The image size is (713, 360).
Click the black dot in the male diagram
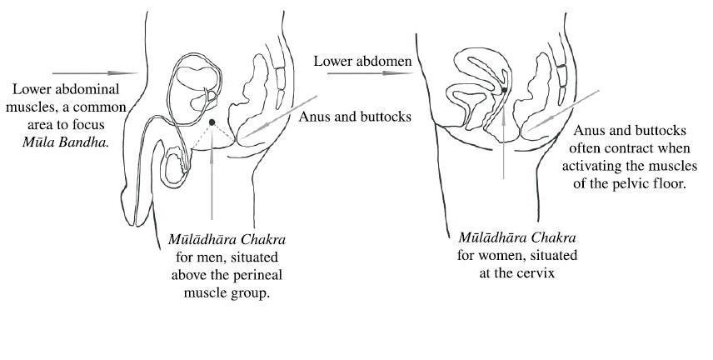[x=212, y=122]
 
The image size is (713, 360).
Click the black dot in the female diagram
[x=504, y=90]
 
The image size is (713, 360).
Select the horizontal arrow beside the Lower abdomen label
[x=353, y=73]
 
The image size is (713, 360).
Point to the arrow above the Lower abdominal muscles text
[x=93, y=72]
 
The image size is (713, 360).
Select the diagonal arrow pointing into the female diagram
[x=560, y=112]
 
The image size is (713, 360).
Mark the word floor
[x=666, y=182]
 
